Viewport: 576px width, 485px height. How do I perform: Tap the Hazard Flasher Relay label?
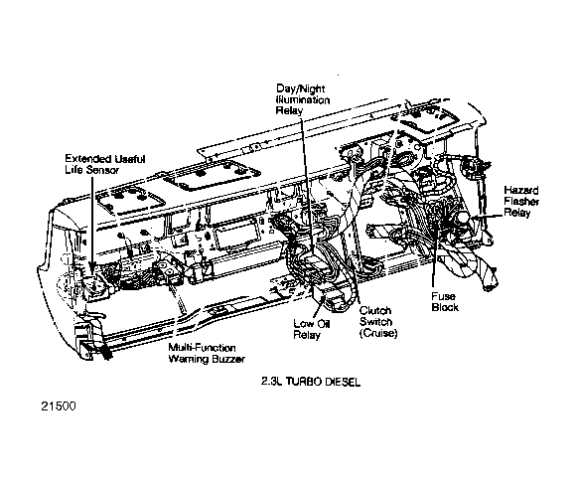click(520, 200)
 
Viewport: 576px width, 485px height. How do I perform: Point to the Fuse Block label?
click(444, 302)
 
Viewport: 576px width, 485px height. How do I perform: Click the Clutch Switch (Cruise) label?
click(377, 321)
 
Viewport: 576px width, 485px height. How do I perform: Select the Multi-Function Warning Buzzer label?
click(207, 353)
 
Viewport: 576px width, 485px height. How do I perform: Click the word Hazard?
click(520, 189)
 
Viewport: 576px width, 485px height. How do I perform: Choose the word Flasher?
click(521, 200)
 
